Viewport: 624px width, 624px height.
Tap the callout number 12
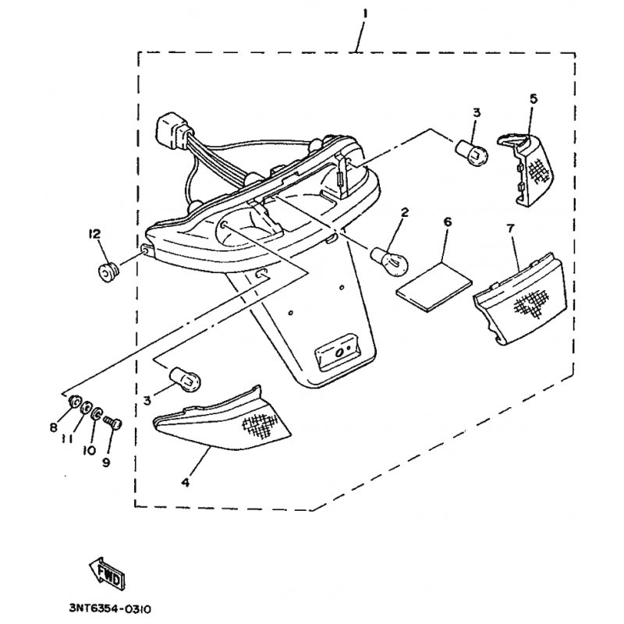click(94, 234)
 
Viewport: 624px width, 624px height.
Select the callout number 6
click(447, 222)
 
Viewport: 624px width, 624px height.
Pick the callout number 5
click(533, 98)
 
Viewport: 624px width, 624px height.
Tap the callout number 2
click(405, 211)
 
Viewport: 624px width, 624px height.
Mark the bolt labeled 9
click(112, 423)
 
